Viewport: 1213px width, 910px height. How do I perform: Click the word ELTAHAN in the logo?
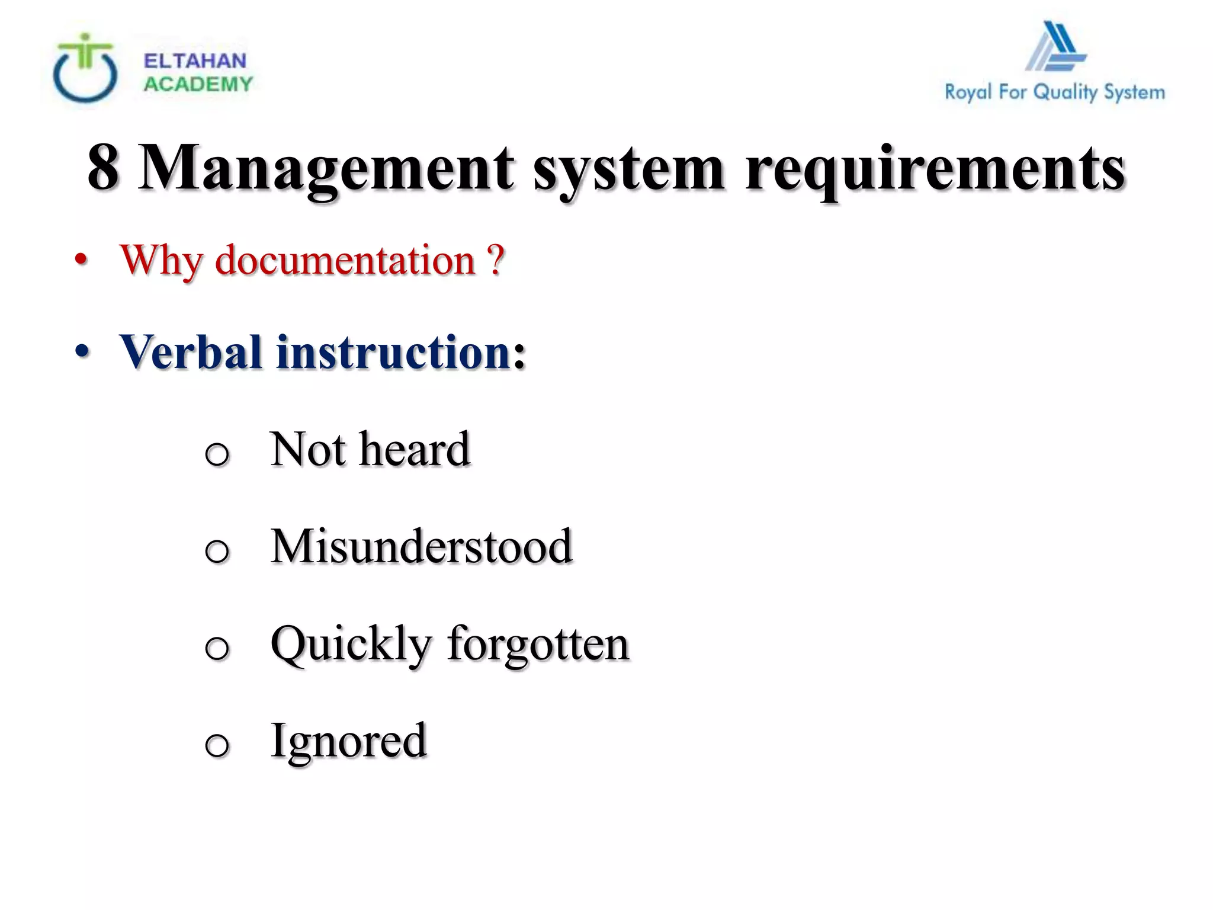pos(195,60)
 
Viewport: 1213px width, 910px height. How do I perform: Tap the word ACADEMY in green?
pos(198,84)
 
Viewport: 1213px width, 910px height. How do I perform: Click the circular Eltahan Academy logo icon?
pos(85,69)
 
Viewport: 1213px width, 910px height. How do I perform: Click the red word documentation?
pos(345,260)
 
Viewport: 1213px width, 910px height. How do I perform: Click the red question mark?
pos(496,260)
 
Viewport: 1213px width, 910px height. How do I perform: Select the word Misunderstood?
pos(421,546)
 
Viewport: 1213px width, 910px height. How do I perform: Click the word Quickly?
pos(351,645)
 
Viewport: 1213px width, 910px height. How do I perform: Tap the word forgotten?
pos(538,643)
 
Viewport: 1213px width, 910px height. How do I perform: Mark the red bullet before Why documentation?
pos(82,260)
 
